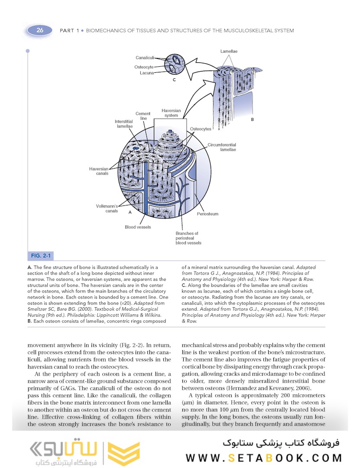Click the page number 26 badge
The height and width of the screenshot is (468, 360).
[40, 30]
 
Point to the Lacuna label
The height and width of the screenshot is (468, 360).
[147, 73]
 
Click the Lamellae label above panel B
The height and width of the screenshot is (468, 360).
[228, 52]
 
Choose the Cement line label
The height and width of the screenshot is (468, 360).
[143, 116]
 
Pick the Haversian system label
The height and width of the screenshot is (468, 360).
[171, 113]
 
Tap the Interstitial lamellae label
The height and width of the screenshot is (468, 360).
[124, 124]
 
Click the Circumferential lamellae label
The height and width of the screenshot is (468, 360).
[221, 147]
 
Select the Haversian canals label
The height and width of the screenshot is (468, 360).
[99, 171]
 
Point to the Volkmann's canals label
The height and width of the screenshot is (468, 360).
[107, 208]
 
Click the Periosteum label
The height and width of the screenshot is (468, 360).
[208, 214]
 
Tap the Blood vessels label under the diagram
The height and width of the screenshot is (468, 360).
[138, 227]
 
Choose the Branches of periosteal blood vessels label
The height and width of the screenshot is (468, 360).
[188, 238]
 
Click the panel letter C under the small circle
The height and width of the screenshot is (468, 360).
[173, 81]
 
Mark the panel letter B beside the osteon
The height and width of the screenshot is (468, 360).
[252, 118]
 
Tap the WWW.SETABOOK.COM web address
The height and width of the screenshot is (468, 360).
[264, 458]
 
